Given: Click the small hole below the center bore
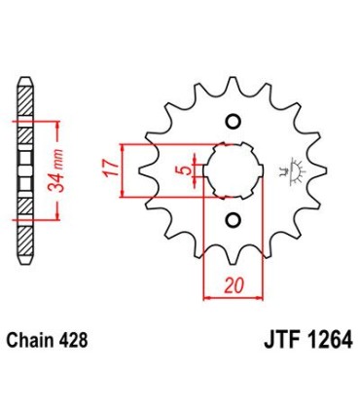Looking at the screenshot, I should [233, 218].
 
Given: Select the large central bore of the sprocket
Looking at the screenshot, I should [233, 170].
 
